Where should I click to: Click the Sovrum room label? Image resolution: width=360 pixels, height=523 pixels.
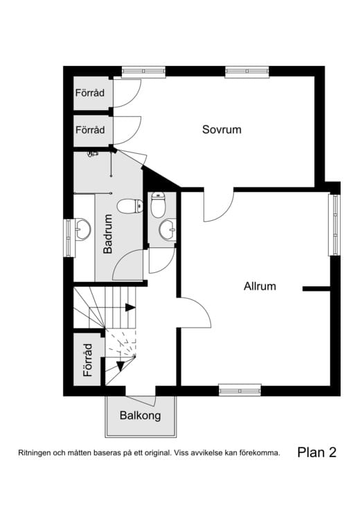(x=222, y=129)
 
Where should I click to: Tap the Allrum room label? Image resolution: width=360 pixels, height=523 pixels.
(x=260, y=285)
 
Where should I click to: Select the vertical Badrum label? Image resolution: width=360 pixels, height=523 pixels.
(x=108, y=234)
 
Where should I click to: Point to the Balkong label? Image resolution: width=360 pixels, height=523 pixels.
(x=140, y=416)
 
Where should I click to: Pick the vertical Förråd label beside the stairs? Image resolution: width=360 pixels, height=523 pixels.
(x=88, y=360)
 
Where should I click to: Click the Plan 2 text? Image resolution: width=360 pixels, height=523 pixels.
(x=316, y=452)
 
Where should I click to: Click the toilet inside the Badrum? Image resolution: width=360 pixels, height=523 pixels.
(x=129, y=206)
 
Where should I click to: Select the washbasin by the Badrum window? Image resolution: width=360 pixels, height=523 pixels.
(x=82, y=228)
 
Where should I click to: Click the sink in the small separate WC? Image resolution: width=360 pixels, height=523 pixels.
(x=166, y=228)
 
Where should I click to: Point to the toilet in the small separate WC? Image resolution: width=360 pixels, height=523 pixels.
(x=158, y=205)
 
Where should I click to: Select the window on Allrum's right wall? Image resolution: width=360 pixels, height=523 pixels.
(x=334, y=225)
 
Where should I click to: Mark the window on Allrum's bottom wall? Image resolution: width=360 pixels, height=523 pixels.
(x=240, y=390)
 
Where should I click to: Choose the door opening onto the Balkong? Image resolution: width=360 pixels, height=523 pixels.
(x=141, y=399)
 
